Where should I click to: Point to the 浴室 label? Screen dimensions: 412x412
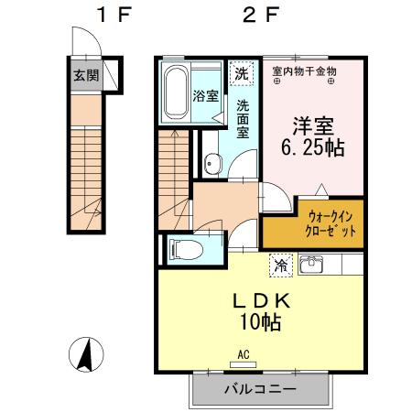pyautogui.click(x=204, y=94)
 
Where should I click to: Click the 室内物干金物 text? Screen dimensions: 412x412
pyautogui.click(x=305, y=70)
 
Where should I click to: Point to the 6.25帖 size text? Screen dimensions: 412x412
pyautogui.click(x=312, y=147)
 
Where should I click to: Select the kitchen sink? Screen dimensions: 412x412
pyautogui.click(x=312, y=266)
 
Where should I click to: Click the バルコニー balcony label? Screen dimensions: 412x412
pyautogui.click(x=260, y=389)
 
